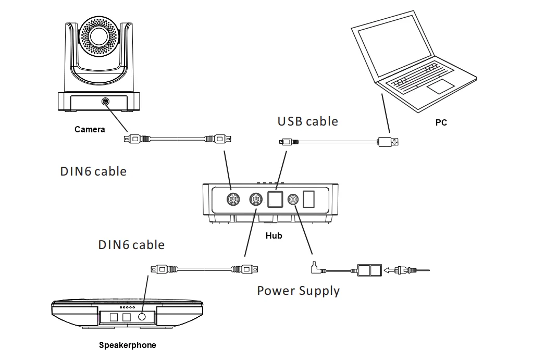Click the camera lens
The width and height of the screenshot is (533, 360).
[99, 36]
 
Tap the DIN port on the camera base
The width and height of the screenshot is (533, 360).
[105, 101]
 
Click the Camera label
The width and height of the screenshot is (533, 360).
[90, 130]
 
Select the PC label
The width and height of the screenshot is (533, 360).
[441, 123]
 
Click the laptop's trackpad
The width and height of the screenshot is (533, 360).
[440, 86]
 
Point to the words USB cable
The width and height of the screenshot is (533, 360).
[307, 121]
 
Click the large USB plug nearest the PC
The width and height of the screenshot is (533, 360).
[388, 142]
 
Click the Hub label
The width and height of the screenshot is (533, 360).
[274, 235]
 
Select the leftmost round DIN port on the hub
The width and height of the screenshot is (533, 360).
[233, 199]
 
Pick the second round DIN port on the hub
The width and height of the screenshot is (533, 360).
[256, 199]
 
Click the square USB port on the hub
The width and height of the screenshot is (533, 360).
[275, 199]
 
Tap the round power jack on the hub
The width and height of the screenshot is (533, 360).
[293, 199]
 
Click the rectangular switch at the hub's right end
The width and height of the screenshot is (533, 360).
[308, 199]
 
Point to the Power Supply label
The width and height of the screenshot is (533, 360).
[298, 291]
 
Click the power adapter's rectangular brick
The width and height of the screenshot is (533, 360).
[369, 270]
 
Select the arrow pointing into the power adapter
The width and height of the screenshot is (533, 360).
[389, 270]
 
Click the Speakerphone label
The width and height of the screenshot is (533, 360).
[128, 345]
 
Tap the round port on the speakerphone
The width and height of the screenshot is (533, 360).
[142, 317]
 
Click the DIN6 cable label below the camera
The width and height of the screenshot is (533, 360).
[93, 171]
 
